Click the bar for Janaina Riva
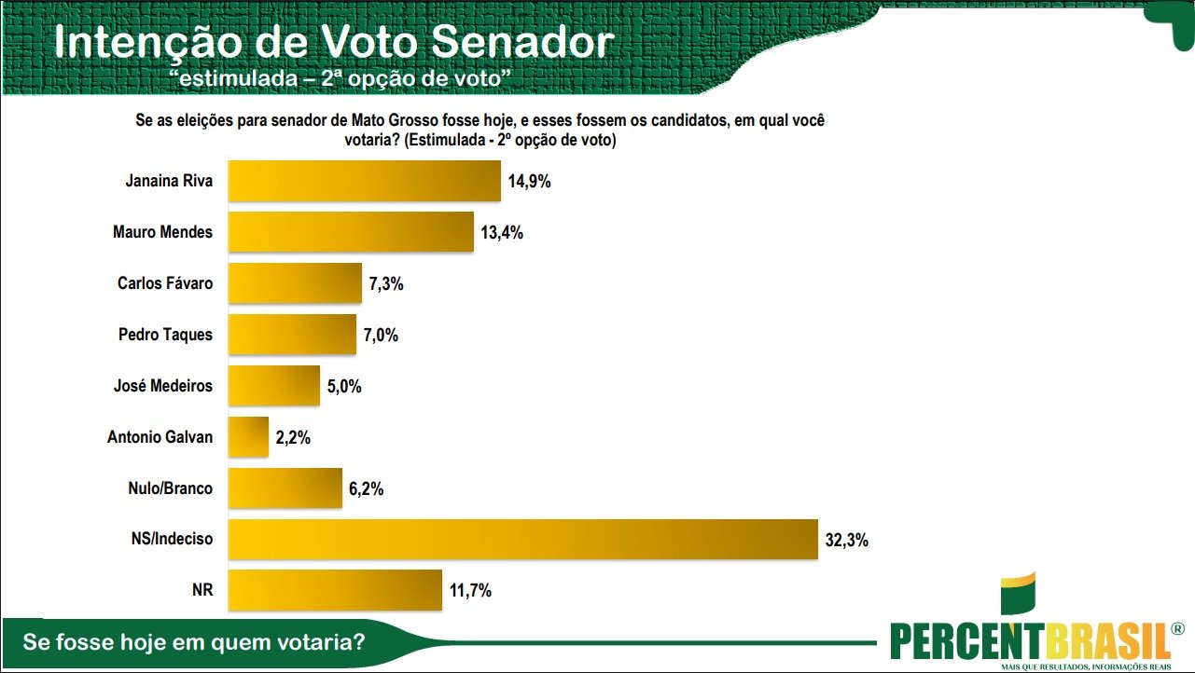pos(365,181)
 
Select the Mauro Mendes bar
pos(351,232)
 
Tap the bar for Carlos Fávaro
pos(295,283)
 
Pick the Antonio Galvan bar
pos(248,436)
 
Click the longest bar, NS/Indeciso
pos(522,539)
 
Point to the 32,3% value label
pos(846,539)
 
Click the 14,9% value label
pos(530,181)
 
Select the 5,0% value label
pos(343,386)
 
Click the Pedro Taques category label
pos(166,335)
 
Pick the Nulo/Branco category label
pos(170,488)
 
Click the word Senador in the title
pos(523,42)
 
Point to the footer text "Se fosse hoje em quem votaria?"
pos(193,642)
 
